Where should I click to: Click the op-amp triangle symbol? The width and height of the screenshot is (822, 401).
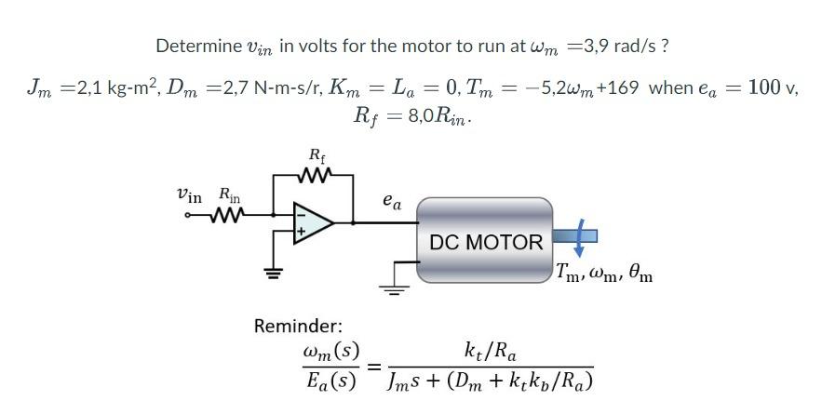(313, 223)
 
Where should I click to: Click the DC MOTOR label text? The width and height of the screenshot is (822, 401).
(485, 243)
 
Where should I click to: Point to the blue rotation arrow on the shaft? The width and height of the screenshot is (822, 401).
(579, 237)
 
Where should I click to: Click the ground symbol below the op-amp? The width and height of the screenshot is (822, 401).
(274, 274)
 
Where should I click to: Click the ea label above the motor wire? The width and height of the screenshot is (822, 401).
(392, 202)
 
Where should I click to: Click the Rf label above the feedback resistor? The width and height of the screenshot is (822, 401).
(316, 154)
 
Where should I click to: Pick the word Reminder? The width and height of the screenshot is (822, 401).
(298, 326)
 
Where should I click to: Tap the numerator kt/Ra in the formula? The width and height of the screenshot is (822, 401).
(490, 352)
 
